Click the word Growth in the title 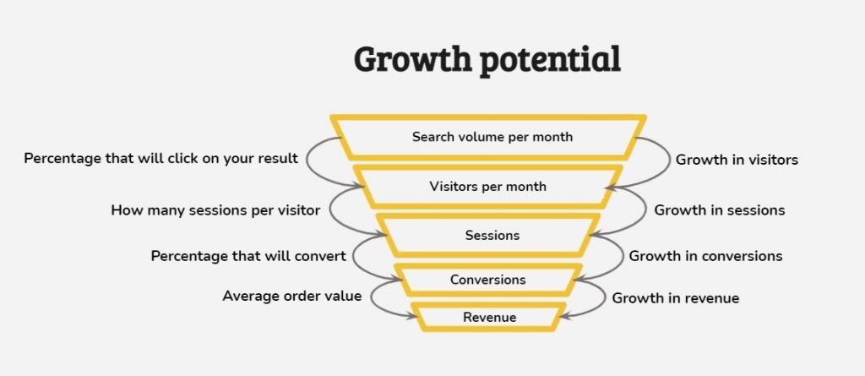pos(412,58)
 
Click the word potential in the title pos(550,60)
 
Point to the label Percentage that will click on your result pos(161,159)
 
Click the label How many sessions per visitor pos(215,210)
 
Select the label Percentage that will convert pos(249,256)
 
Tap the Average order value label pos(291,296)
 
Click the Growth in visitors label pos(737,161)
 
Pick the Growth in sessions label pos(720,210)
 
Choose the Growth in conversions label pos(705,256)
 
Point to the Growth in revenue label pos(675,299)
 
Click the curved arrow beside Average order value pos(372,298)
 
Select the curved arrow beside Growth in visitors pos(669,161)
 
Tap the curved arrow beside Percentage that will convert pos(353,256)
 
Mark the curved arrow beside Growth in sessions pos(646,210)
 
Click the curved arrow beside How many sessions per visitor pos(329,210)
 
